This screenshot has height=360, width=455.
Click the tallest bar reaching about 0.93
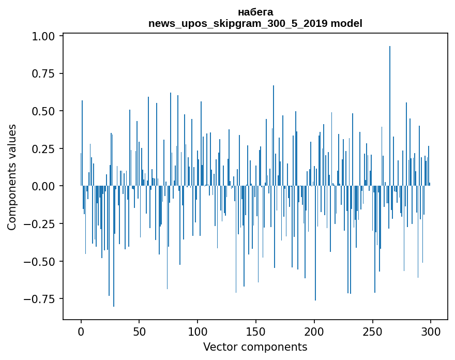coord(390,114)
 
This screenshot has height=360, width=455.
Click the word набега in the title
coord(255,12)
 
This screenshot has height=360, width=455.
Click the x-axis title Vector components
coord(255,347)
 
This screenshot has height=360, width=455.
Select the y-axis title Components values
coord(12,177)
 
